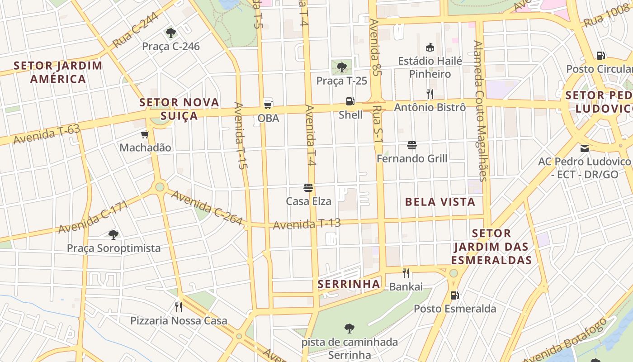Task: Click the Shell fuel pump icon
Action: click(x=350, y=101)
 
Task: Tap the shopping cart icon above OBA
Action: click(x=268, y=104)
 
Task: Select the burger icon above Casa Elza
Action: click(x=308, y=188)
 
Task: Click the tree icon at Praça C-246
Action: click(x=170, y=33)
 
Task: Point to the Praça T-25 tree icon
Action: click(x=342, y=68)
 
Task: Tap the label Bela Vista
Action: click(x=440, y=202)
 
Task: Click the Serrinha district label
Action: click(x=349, y=284)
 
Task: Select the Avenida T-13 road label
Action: click(x=307, y=224)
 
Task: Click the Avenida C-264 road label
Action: click(x=207, y=208)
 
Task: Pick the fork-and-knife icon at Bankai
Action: click(x=406, y=273)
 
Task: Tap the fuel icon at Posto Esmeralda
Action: click(x=454, y=295)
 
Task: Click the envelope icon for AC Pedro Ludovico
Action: click(x=584, y=148)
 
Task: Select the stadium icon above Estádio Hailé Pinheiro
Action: click(x=430, y=47)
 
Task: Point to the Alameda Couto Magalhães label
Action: click(x=481, y=111)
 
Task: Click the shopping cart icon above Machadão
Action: click(x=145, y=134)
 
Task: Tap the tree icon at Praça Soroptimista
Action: click(x=113, y=234)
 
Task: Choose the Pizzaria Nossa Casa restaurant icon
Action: click(x=179, y=307)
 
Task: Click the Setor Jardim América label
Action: click(x=58, y=72)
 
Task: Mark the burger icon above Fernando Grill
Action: click(x=411, y=145)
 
